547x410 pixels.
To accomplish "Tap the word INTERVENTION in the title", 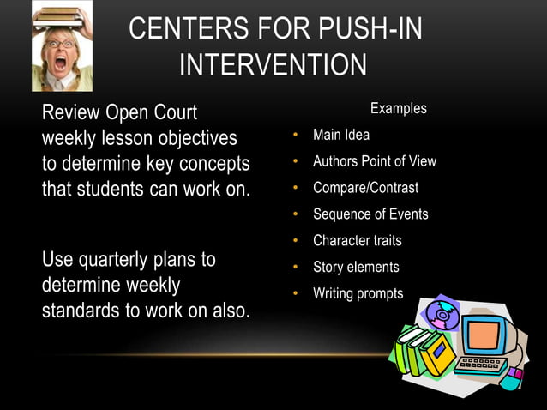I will click(273, 66).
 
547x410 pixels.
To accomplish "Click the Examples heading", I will click(398, 109).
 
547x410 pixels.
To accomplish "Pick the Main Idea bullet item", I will click(341, 136).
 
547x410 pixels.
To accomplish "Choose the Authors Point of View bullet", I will click(374, 161).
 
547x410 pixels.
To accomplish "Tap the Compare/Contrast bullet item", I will click(365, 188).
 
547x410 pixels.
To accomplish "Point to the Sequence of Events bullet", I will click(370, 214).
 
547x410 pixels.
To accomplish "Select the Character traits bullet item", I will click(357, 241).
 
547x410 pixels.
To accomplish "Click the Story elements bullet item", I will click(356, 268).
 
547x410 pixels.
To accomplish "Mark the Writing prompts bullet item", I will click(358, 293).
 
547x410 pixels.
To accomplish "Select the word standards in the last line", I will click(78, 311).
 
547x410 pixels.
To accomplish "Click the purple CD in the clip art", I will click(443, 315).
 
